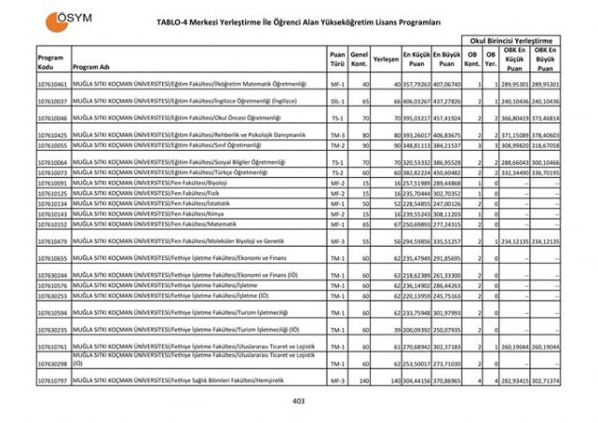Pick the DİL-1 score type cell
pos(336,101)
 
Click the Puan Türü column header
pos(337,58)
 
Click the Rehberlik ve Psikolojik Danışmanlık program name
pos(178,136)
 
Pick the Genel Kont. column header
pos(358,58)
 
